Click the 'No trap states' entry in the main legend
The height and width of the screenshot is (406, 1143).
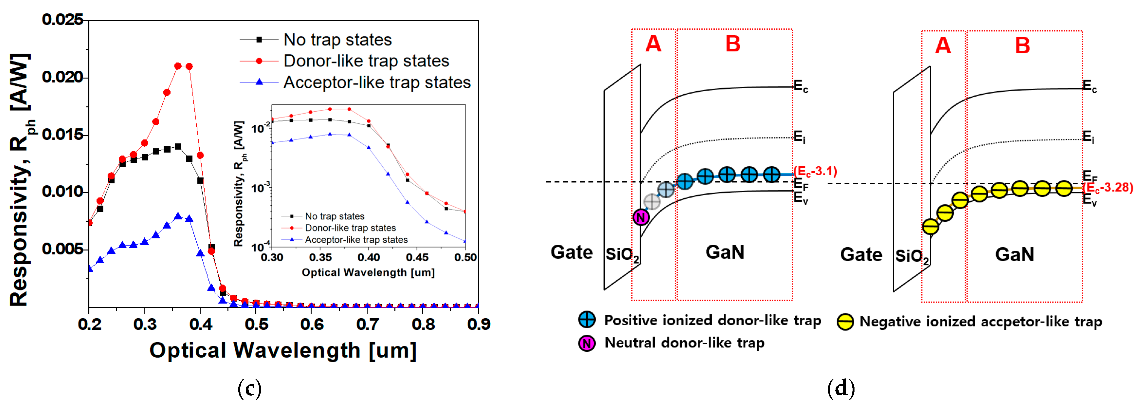[x=337, y=40]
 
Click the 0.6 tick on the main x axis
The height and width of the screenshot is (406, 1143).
[x=312, y=324]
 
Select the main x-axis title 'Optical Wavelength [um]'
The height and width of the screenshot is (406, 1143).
[x=283, y=351]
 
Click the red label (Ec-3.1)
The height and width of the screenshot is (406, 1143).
[x=815, y=171]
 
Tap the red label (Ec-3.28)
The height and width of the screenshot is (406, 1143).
[x=1108, y=188]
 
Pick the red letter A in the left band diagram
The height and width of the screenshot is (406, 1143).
[x=653, y=44]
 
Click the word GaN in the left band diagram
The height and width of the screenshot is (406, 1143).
[x=725, y=252]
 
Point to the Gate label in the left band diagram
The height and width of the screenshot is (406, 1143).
[x=571, y=252]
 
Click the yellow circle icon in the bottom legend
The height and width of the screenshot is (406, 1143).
[x=845, y=322]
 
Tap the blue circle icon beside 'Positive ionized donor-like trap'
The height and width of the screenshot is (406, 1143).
[x=587, y=320]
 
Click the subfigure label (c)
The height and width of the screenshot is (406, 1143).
[x=249, y=389]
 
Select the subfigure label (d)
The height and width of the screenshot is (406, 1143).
[x=841, y=389]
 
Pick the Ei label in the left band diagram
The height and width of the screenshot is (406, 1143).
[x=799, y=137]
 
